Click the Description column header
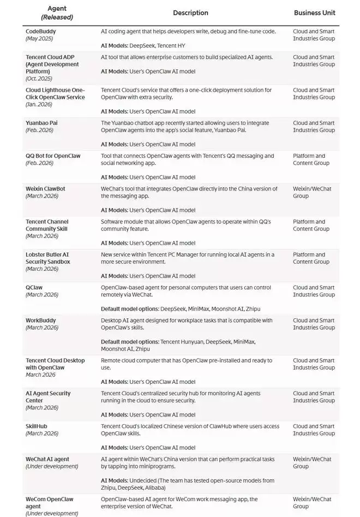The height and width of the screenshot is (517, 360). [190, 13]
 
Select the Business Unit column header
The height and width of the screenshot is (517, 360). [314, 13]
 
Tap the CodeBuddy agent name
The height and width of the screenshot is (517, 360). [41, 32]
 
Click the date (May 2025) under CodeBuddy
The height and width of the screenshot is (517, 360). [40, 39]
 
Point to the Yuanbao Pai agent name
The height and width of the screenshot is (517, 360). [41, 123]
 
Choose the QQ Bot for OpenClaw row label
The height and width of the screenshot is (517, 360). [53, 156]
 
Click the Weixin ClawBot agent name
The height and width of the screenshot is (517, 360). [45, 189]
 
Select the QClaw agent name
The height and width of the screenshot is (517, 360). [34, 288]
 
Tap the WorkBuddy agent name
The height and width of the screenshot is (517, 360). [41, 320]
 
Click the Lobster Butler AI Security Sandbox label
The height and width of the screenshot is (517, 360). [47, 258]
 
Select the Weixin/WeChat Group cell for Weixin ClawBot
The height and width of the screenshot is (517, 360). [311, 192]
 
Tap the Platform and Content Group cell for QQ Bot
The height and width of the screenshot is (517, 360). [311, 159]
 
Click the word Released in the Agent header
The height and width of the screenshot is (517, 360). [57, 17]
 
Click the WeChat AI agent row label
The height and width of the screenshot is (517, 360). [47, 459]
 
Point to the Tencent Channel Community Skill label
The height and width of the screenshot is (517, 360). [47, 225]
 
